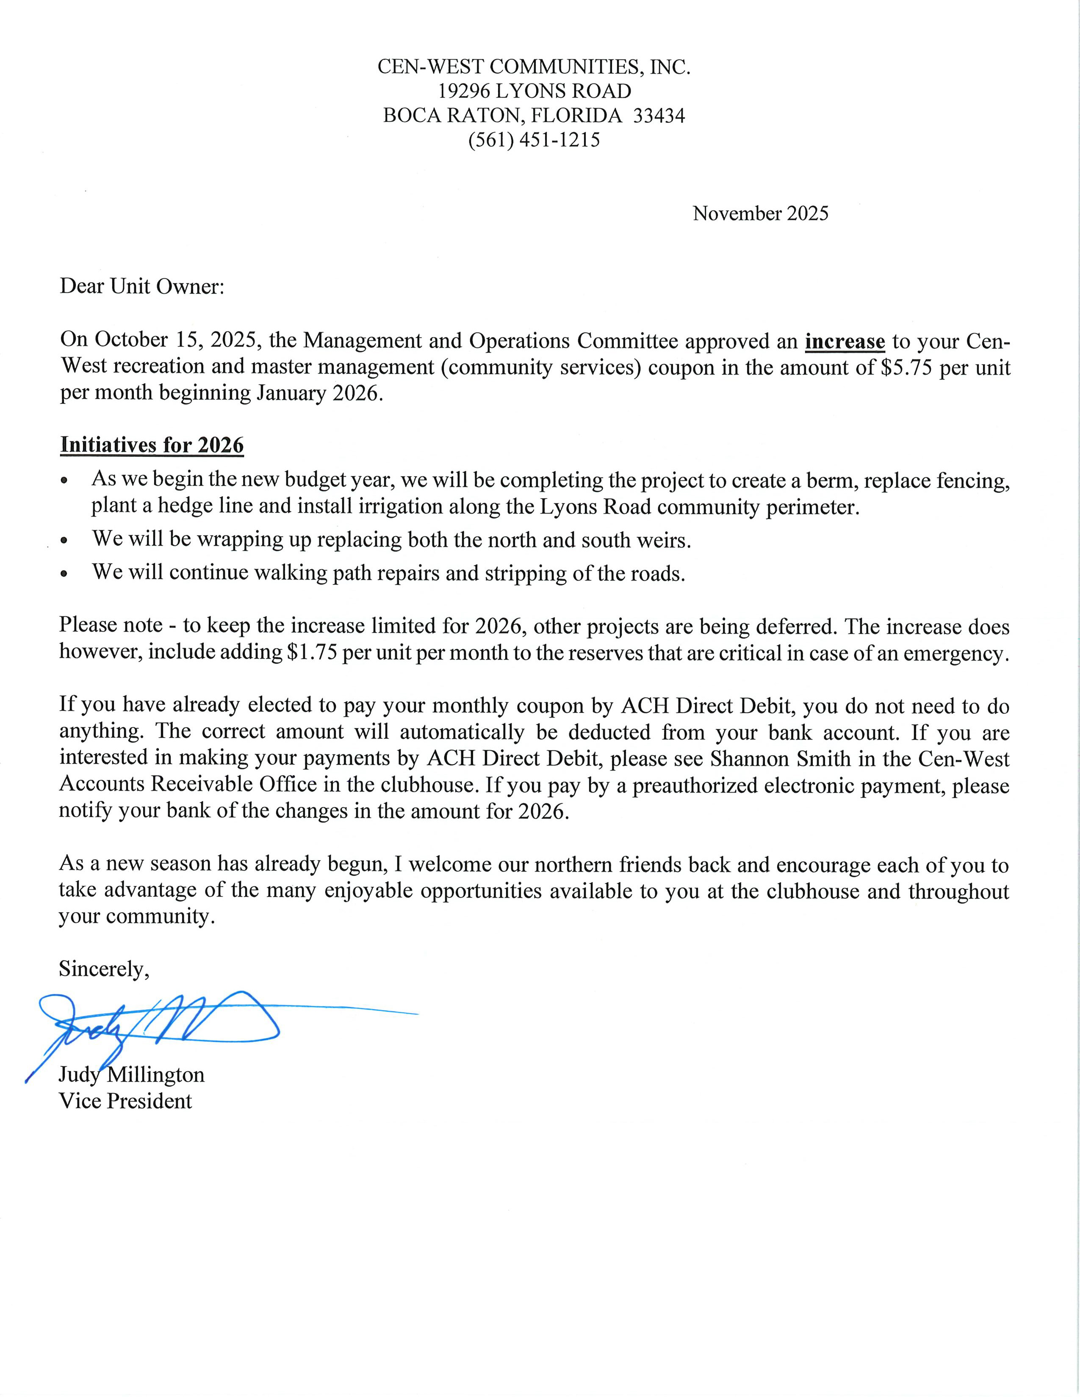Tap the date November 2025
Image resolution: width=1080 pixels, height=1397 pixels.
click(760, 214)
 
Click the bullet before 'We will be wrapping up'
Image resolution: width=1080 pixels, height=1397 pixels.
click(64, 541)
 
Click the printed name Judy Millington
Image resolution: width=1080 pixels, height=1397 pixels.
click(132, 1074)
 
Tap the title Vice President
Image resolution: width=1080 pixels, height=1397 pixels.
click(125, 1101)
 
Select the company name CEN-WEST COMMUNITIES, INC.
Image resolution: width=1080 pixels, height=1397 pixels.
click(534, 67)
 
